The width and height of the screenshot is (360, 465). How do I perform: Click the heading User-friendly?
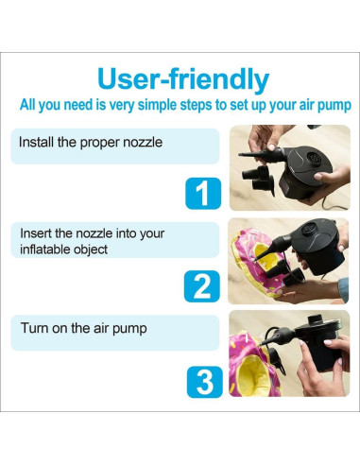point(183,79)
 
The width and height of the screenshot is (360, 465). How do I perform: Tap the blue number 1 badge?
point(203,193)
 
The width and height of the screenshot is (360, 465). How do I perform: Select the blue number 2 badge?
point(202,286)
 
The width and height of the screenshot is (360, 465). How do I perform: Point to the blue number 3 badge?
point(205,382)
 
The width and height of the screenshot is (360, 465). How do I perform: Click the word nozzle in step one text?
point(143,142)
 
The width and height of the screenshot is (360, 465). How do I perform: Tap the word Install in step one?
point(36,142)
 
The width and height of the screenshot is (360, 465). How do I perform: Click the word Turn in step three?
point(34,328)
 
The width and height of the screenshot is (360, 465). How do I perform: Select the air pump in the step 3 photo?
point(318,343)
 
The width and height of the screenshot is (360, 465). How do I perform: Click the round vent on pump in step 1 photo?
point(313,158)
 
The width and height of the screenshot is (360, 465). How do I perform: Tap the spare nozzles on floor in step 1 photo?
point(258,179)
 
